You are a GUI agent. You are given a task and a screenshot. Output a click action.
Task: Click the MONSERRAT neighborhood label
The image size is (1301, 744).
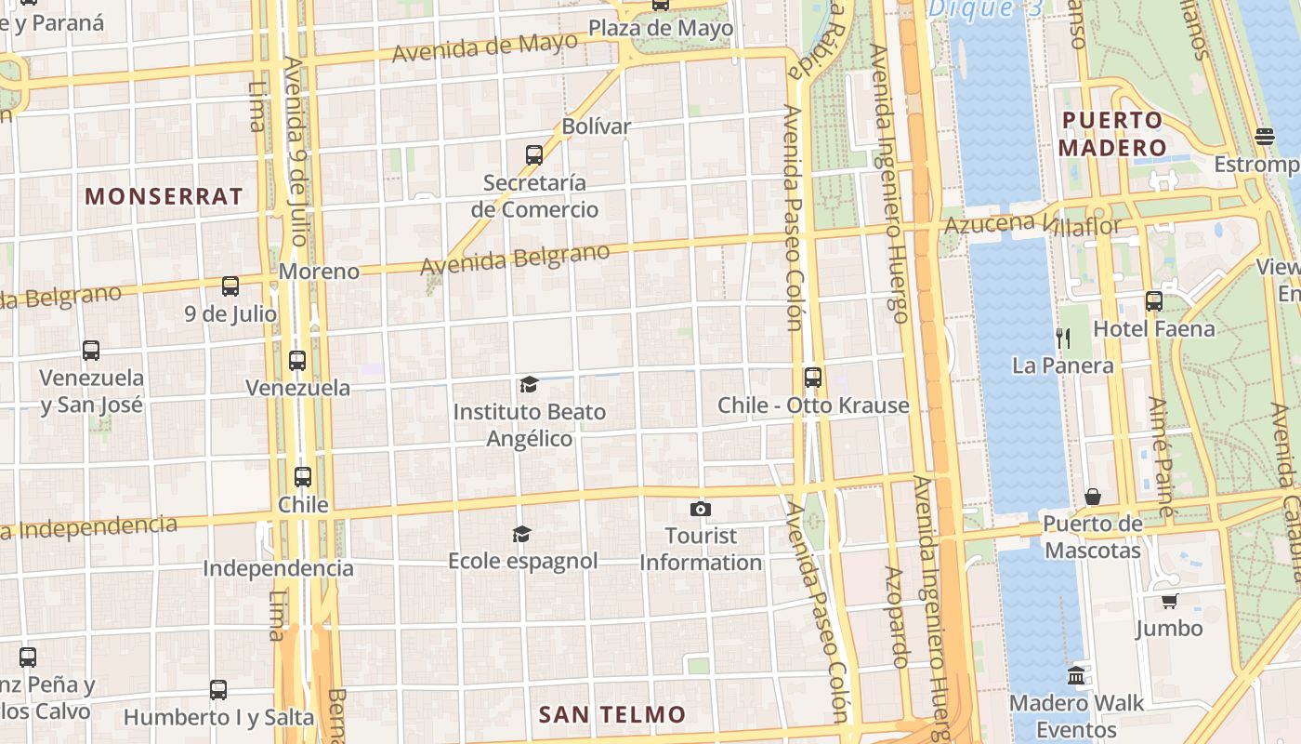pos(164,196)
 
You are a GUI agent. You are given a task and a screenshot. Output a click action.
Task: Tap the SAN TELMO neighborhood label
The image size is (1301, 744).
pos(612,714)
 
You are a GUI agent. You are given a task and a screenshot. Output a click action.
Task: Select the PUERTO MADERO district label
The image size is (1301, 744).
pos(1111,133)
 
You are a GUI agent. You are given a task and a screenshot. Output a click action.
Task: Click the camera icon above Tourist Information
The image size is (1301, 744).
pos(701,509)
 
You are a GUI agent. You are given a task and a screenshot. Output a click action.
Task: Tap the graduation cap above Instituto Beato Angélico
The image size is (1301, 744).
pos(529,384)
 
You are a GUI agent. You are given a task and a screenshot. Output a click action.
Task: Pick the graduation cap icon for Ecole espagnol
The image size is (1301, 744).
pos(522,534)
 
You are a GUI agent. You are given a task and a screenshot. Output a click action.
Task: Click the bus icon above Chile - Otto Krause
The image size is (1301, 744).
pos(813,378)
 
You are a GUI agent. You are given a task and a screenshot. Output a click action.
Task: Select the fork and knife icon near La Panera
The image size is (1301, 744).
pos(1063,338)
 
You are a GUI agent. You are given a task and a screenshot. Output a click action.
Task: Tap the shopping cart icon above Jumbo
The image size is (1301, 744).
pos(1169,601)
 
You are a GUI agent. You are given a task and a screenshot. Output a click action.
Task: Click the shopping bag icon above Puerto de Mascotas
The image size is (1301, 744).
pos(1093,497)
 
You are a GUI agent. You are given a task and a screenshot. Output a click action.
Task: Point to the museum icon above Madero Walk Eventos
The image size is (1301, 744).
pos(1076,675)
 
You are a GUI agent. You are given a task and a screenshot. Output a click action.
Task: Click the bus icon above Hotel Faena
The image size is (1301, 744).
pos(1153,301)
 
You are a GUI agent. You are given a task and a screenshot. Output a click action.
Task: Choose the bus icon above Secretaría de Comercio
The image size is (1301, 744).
pos(534,154)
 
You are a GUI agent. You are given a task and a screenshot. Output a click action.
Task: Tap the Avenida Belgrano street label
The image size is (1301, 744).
pos(516,259)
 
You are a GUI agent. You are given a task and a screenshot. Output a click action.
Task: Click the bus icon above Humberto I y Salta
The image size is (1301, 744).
pos(218,690)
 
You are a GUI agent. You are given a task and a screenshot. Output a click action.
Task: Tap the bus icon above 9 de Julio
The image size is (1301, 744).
pos(230,286)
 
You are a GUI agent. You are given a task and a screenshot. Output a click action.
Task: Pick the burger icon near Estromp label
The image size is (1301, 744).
pos(1264,137)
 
